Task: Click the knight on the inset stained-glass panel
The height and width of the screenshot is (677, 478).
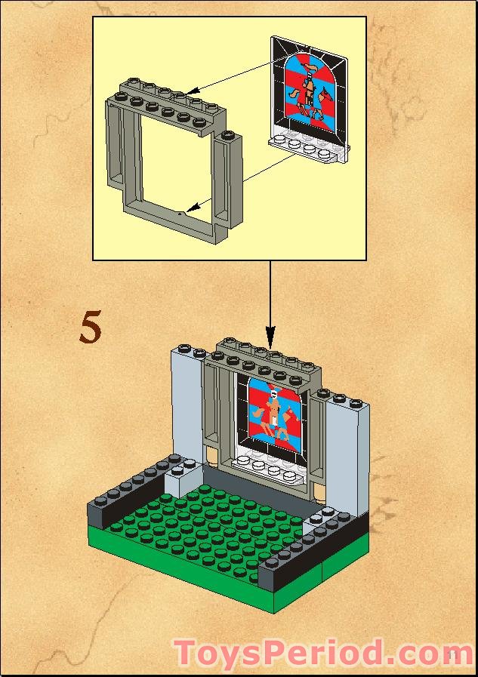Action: tap(306, 85)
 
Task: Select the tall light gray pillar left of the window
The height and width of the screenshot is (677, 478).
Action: tap(187, 404)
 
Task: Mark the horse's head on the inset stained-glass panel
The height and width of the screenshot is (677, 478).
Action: tap(325, 95)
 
